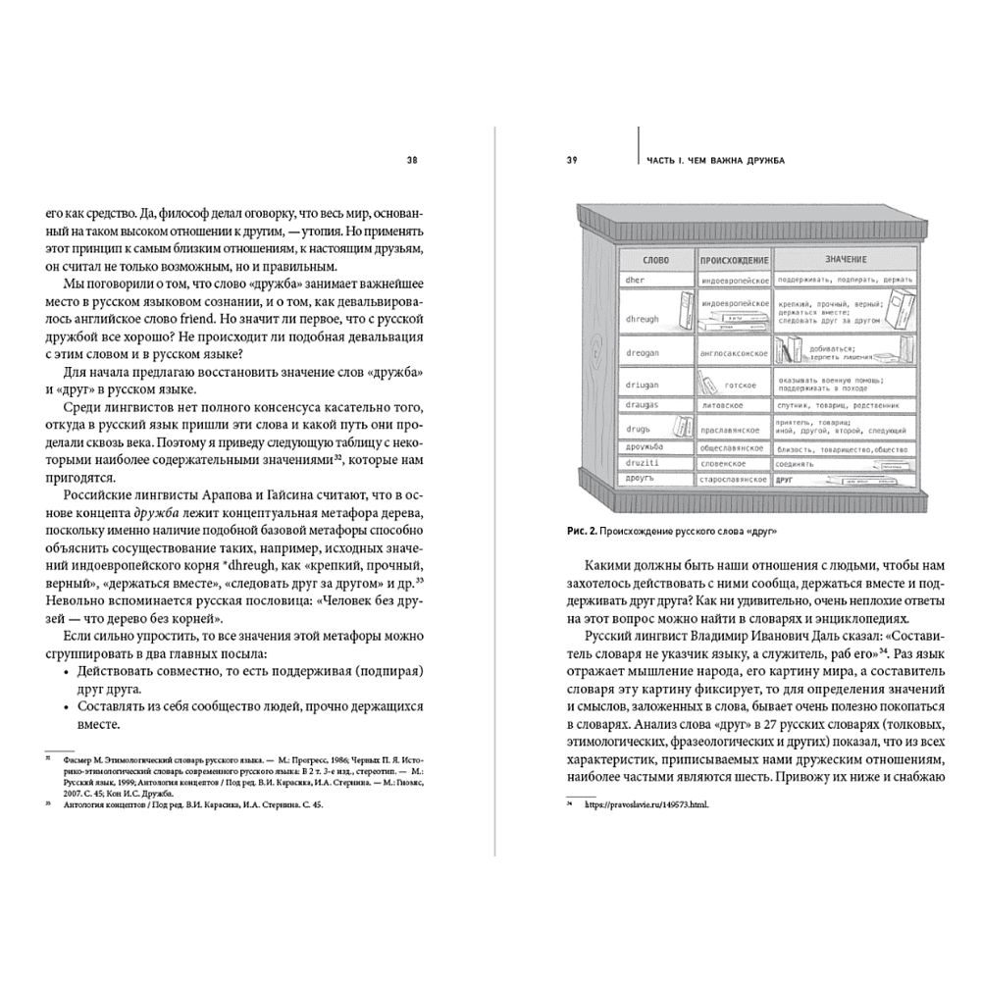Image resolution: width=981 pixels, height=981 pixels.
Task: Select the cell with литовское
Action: tap(722, 404)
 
